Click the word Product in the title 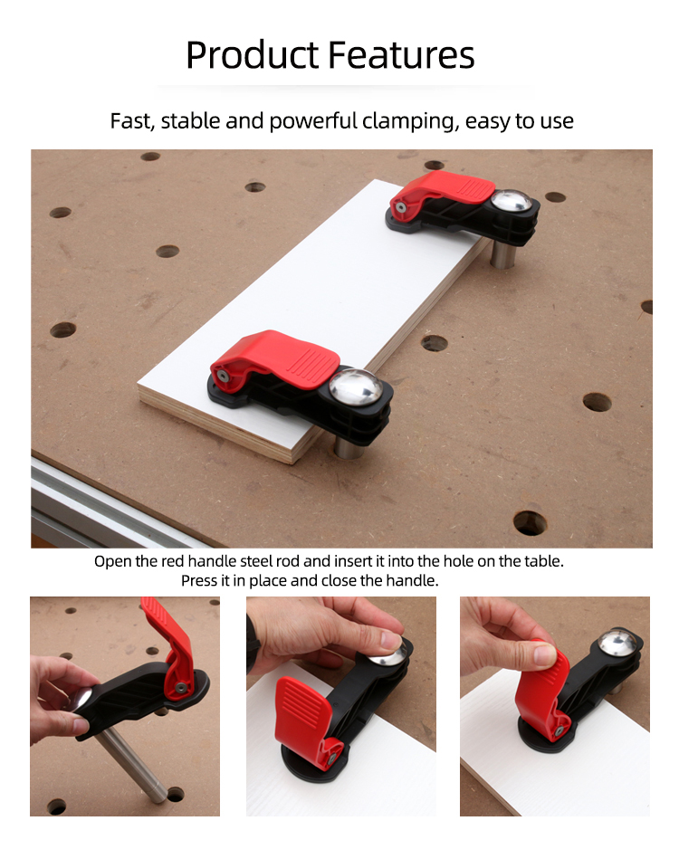[x=252, y=55]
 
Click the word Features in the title [x=402, y=55]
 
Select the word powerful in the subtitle [x=313, y=121]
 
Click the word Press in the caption [x=198, y=581]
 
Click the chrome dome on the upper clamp [x=511, y=201]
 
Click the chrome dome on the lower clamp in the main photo [x=356, y=387]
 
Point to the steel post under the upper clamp [x=502, y=254]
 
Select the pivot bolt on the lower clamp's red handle [x=223, y=376]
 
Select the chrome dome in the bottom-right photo [x=618, y=644]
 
